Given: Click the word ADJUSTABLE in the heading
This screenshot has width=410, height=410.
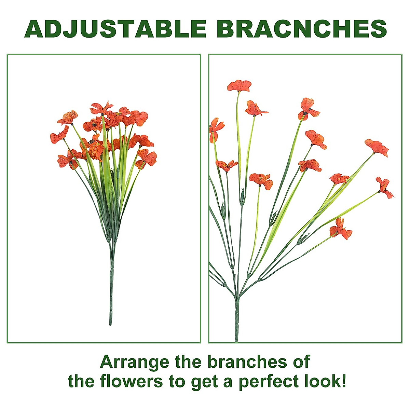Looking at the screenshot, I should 115,29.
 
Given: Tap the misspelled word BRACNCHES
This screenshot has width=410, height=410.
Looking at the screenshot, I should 302,29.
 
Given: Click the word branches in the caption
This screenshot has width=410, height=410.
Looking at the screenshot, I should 243,361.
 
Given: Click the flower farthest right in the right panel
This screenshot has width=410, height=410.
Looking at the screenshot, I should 385,187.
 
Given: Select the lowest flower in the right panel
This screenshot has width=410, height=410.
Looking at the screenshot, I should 340,229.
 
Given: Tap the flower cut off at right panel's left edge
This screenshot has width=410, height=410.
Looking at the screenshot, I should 215,129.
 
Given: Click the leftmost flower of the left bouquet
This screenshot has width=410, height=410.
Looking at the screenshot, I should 59,135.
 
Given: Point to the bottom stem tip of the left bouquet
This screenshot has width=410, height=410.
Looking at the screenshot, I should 110,323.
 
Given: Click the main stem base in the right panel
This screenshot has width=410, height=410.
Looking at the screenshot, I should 236,338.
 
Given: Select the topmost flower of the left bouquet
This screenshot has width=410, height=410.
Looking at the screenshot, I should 101,108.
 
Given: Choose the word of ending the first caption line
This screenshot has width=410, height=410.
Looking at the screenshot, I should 301,361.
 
